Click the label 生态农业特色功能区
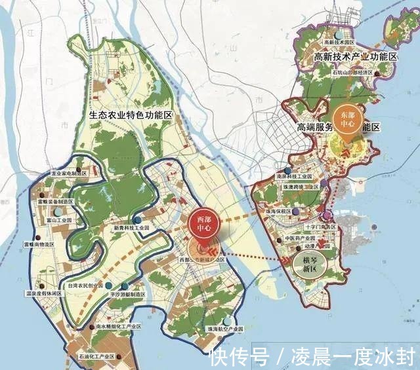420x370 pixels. coord(130,116)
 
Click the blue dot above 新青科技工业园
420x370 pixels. coord(136,219)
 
